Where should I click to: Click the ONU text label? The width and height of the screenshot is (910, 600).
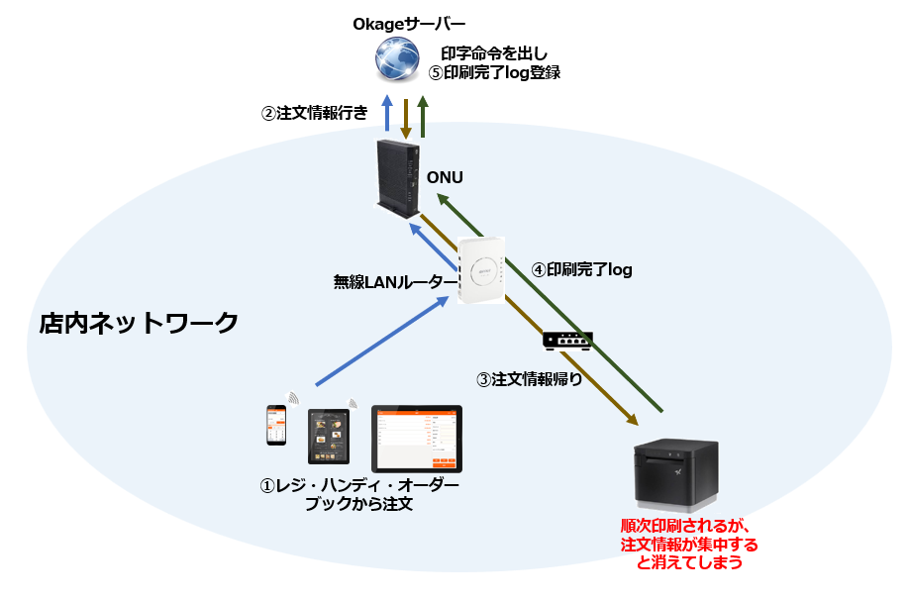click(445, 177)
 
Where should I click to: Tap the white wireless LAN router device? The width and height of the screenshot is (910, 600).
click(481, 270)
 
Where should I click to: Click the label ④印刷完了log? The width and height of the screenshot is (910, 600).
click(581, 269)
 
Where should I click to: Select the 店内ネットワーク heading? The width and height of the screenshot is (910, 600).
click(139, 323)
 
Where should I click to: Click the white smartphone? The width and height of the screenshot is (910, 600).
click(275, 426)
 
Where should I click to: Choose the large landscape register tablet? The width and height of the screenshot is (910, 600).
click(417, 438)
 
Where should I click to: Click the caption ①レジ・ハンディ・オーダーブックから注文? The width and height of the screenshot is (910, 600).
click(358, 495)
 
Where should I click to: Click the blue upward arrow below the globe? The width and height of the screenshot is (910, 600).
click(387, 113)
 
